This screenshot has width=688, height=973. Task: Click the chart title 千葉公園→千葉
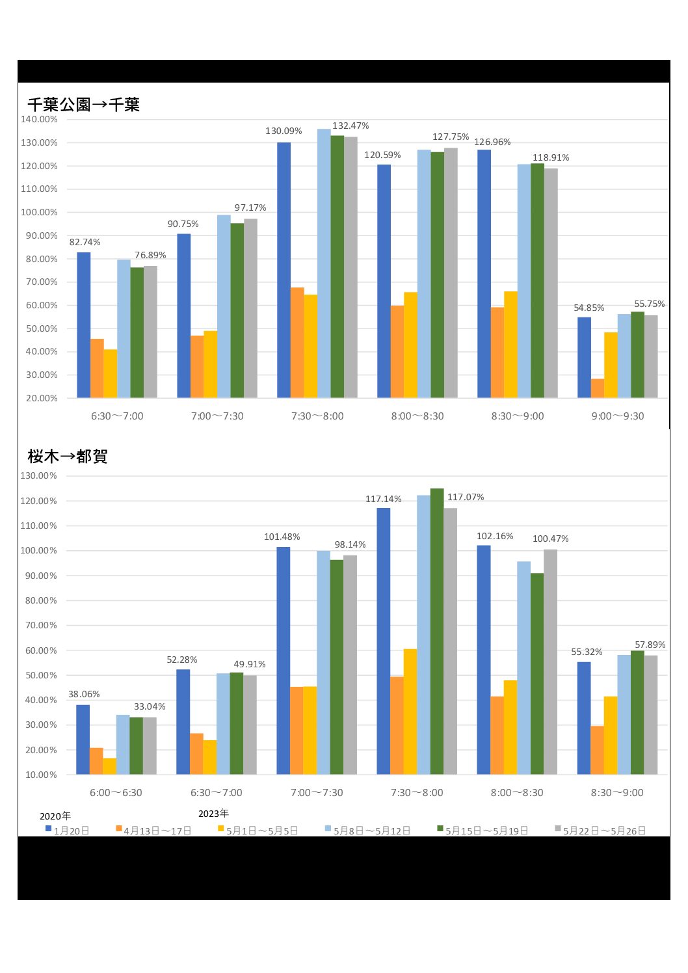point(83,105)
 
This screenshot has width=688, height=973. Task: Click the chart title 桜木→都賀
point(67,457)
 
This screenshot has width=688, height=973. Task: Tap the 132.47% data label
point(351,126)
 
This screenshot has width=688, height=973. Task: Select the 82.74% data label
point(85,243)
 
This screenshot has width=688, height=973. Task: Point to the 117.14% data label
point(383,500)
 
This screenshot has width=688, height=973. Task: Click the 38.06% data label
point(84,695)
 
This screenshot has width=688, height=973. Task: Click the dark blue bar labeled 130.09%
point(284,270)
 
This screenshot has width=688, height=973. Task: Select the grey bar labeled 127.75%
point(451,273)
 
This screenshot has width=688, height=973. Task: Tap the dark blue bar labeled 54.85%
point(584,357)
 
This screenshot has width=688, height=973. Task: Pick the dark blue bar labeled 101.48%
point(283,660)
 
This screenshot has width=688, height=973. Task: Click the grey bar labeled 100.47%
point(550,661)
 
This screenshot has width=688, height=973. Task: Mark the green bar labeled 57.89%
point(637,712)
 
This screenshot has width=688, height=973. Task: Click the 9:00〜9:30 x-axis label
point(617,416)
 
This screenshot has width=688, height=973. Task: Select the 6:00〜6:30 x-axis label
point(116,793)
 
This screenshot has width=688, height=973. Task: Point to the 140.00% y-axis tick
point(39,120)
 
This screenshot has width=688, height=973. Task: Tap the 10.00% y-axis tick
point(41,775)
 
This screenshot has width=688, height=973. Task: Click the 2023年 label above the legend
point(213,814)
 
